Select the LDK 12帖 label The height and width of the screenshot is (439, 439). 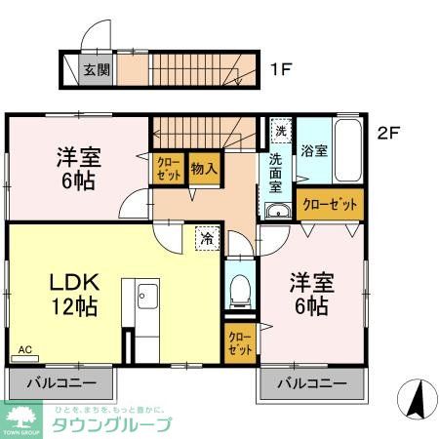60,294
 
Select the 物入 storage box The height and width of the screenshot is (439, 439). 203,168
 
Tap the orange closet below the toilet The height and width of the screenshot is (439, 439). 239,343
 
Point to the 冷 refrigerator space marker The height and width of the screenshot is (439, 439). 207,236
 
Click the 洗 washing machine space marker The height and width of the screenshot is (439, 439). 280,129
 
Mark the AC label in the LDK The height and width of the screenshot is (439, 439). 25,348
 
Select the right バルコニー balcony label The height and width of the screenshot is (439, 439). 311,382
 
